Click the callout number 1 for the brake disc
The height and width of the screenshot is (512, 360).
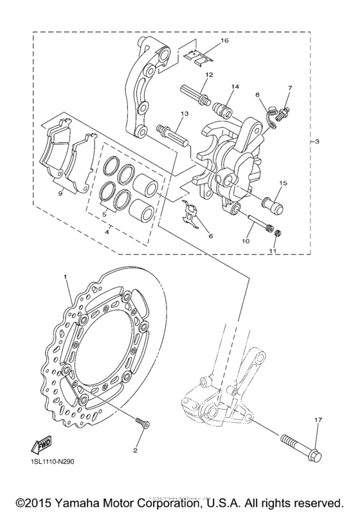point(65,276)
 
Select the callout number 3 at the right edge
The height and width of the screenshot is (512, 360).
point(319,141)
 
